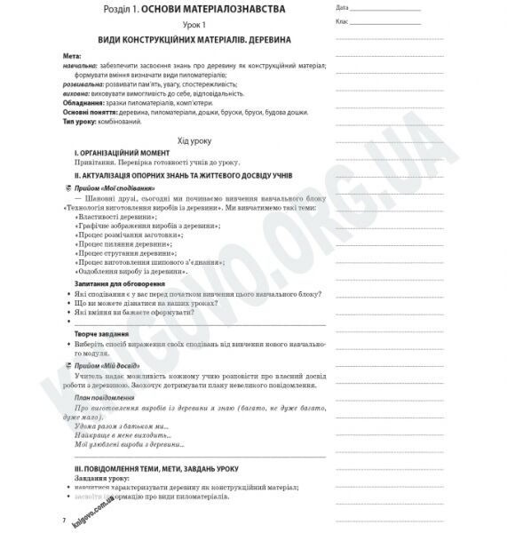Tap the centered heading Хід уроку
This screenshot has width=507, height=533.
(x=193, y=141)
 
